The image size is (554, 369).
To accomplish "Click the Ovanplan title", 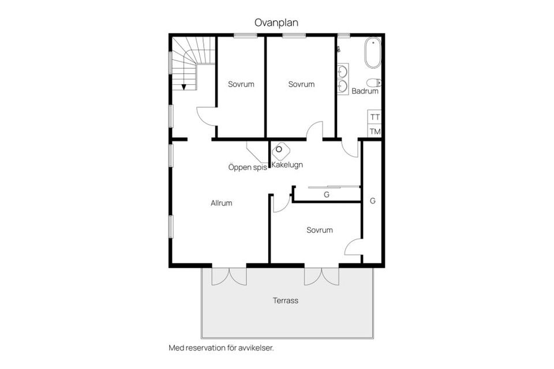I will coord(276,22).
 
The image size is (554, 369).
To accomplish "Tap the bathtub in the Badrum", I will coord(372,53).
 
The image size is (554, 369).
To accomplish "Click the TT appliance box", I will coord(375,116).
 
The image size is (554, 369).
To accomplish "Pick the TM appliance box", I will coord(375,131).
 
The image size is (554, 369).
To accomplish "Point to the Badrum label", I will coord(365,91).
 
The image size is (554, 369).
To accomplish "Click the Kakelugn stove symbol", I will coord(280,150).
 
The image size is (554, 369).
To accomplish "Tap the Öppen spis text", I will coord(247,168).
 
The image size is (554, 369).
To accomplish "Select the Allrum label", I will coord(222,203).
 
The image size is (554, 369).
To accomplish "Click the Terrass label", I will coord(286,300).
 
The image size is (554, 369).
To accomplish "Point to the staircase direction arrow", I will coord(184,86).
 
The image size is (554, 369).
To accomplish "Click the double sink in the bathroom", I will coord(343,79).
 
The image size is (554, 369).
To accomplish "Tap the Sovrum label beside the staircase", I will coord(241,84).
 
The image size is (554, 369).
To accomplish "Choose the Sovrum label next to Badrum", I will coord(301,84).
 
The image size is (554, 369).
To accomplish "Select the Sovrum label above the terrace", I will coord(320,230).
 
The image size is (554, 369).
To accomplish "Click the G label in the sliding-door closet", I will coord(327,195).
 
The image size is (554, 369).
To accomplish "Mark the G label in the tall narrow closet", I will coord(372,201).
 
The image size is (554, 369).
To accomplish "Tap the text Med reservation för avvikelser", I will coord(220,348).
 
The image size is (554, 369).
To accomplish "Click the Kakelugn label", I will coord(287,165).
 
